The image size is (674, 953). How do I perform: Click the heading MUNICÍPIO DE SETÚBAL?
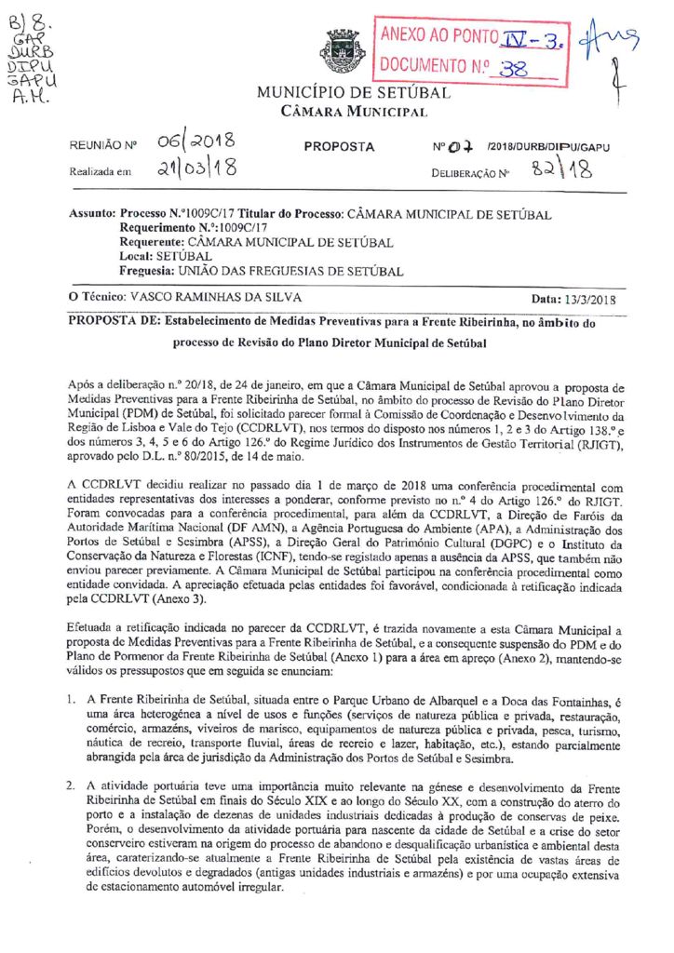pos(354,93)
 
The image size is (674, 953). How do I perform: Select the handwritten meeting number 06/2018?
pos(196,144)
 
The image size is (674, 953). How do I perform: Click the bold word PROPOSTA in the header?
pos(339,147)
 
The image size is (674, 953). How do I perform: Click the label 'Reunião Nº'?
pos(103,147)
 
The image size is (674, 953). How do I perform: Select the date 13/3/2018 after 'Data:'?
pos(590,299)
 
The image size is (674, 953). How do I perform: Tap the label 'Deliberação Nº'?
pos(470,173)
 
